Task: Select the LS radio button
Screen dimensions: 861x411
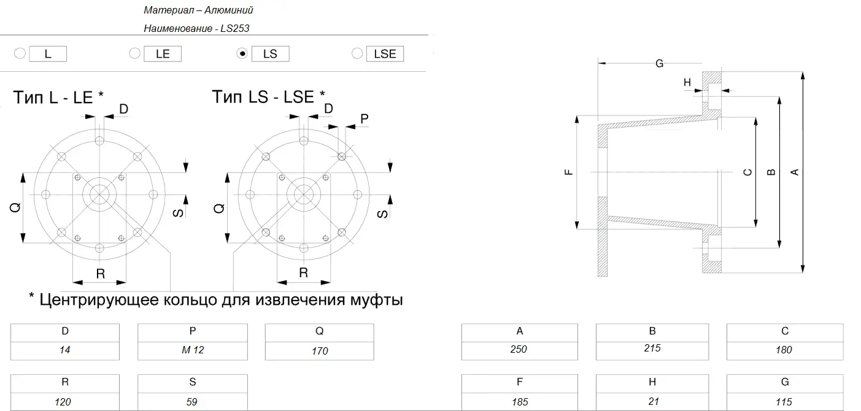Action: pyautogui.click(x=242, y=53)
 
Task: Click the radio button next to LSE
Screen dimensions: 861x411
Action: pyautogui.click(x=357, y=53)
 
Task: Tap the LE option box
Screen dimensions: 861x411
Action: pyautogui.click(x=163, y=54)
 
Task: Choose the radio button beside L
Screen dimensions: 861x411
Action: pyautogui.click(x=20, y=53)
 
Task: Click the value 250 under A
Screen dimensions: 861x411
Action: pyautogui.click(x=519, y=349)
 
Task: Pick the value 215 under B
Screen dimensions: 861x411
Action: pyautogui.click(x=652, y=348)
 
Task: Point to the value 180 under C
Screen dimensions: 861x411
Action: pyautogui.click(x=784, y=350)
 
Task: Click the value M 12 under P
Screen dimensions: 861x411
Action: pyautogui.click(x=193, y=350)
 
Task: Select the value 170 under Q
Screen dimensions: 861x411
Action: pyautogui.click(x=320, y=351)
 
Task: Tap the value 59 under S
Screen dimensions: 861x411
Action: pyautogui.click(x=192, y=402)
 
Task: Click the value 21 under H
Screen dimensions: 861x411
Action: pyautogui.click(x=654, y=401)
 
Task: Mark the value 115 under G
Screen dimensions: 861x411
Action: pyautogui.click(x=784, y=402)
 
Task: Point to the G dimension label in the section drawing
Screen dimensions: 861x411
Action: pyautogui.click(x=660, y=64)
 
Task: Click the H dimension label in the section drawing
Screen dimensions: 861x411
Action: pyautogui.click(x=687, y=82)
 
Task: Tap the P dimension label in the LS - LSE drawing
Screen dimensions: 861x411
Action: pyautogui.click(x=365, y=119)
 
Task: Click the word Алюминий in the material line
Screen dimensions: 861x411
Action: pyautogui.click(x=229, y=10)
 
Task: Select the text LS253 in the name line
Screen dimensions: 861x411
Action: pyautogui.click(x=235, y=28)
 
